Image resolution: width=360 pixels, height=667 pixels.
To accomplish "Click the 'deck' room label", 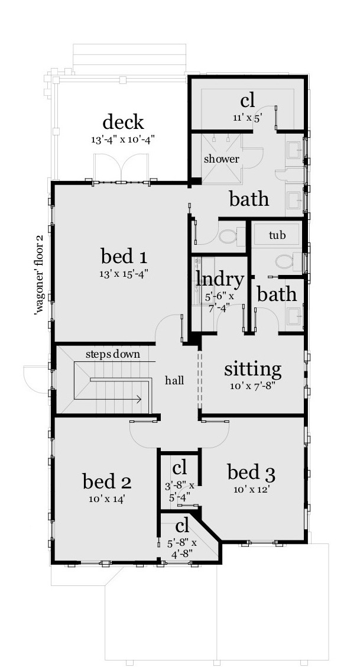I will point(123,122).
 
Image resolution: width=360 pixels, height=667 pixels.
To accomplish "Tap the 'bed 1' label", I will point(124,257).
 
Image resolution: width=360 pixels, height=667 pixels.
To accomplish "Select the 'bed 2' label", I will point(106,482).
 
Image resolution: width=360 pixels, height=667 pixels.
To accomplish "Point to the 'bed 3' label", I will point(252,472).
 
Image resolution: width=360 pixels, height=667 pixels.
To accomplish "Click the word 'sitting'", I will point(252,370).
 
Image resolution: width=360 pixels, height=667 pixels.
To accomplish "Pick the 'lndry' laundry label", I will point(220,280).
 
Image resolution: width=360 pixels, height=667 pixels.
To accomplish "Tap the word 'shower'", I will point(222,159).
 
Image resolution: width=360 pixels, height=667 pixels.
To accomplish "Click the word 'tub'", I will point(277,235).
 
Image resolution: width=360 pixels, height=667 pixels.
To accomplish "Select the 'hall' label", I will point(174,380).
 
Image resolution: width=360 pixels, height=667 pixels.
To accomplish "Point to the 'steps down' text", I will point(112,354).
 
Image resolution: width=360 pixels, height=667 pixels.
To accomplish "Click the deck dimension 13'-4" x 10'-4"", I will point(123,140).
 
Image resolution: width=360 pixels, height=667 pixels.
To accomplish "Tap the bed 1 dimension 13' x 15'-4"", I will point(124,274).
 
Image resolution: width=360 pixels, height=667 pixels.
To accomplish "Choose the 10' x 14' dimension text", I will point(106,498).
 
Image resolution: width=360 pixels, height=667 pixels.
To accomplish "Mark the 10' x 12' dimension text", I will point(252,488).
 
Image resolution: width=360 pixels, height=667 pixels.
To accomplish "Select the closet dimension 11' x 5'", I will point(247,118).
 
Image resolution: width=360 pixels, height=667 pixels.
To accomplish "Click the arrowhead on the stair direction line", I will point(139,400).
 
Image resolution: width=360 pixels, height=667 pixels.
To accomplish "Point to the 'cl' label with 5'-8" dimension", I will point(181,525).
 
